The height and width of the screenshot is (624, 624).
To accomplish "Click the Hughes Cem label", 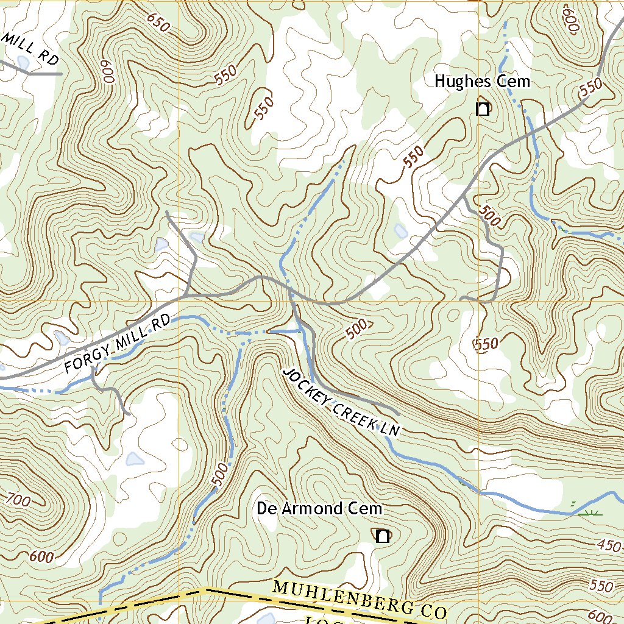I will tap(482, 82).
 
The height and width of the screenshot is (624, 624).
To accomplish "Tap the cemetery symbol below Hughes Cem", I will tap(483, 110).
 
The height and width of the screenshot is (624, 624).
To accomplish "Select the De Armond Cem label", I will tap(319, 508).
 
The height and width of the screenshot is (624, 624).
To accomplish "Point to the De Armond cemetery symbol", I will tap(382, 536).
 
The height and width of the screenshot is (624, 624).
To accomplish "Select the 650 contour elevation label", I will tap(158, 23).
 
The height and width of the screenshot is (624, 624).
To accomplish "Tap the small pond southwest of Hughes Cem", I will tap(400, 231).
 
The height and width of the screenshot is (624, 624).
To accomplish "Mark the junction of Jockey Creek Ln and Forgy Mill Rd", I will tap(291, 294).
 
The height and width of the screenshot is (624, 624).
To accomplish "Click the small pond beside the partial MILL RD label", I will tap(23, 62).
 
